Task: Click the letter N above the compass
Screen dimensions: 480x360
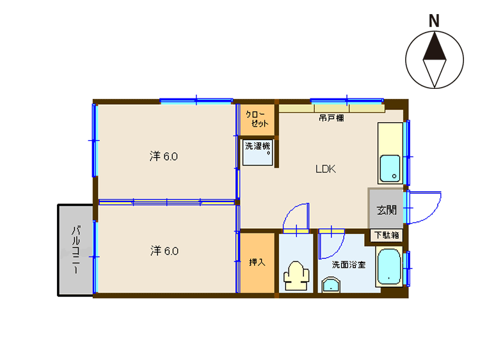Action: point(434,21)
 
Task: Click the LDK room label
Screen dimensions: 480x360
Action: point(326,169)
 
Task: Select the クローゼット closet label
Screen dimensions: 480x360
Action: point(257,119)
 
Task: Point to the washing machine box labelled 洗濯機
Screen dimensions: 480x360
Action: point(257,153)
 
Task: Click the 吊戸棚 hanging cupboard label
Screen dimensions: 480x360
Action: point(332,118)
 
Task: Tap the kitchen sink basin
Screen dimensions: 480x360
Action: point(390,169)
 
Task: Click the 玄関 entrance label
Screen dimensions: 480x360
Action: point(387,210)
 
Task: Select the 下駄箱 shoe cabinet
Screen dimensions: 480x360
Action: point(387,235)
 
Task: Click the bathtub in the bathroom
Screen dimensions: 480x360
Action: point(388,267)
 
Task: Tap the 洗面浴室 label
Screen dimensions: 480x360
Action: point(349,264)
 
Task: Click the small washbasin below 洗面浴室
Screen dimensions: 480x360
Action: point(331,285)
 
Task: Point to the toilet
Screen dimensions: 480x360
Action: point(296,276)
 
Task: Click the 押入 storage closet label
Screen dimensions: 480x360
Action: point(257,262)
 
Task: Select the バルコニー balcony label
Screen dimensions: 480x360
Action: point(76,249)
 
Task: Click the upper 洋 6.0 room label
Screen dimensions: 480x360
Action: point(163,156)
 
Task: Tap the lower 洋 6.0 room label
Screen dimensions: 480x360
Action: point(164,251)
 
